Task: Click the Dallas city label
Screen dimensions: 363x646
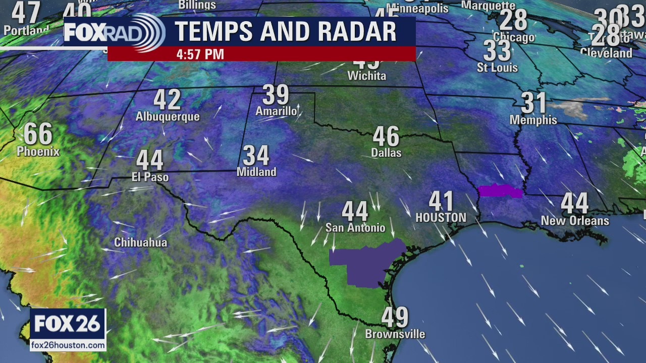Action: (x=386, y=152)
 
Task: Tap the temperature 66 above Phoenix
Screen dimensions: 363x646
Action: (x=38, y=134)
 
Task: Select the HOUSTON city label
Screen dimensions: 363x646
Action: (x=441, y=218)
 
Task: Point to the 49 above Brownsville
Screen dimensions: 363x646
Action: (x=395, y=318)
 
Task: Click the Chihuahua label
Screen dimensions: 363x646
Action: (x=140, y=243)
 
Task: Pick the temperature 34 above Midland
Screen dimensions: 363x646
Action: (x=256, y=156)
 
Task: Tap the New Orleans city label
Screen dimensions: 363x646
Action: (x=575, y=221)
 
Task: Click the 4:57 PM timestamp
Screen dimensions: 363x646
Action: (x=200, y=54)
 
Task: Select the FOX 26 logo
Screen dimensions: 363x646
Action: (x=68, y=324)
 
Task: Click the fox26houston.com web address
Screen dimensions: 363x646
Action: (x=68, y=345)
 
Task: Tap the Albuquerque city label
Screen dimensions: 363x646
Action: (x=168, y=117)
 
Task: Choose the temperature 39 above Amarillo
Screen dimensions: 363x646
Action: (x=276, y=95)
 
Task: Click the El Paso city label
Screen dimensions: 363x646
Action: (x=149, y=177)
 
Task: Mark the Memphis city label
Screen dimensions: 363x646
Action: (x=533, y=120)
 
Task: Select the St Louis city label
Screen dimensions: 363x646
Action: (x=498, y=68)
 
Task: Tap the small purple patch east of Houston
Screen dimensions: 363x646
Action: (x=500, y=191)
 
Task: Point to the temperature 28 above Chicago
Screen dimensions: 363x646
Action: (x=513, y=21)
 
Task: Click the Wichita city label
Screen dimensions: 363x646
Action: (x=367, y=76)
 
